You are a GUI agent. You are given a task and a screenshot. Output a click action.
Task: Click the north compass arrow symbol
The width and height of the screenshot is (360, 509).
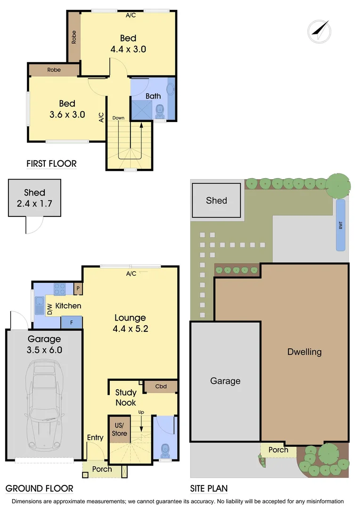coord(319,30)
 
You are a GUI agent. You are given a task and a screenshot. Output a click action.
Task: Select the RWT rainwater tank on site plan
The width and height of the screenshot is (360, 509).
coord(340,225)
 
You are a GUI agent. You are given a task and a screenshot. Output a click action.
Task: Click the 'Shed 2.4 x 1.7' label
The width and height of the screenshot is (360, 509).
coord(34,197)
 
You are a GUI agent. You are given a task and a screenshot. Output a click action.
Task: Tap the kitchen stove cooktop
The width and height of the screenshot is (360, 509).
coord(60,288)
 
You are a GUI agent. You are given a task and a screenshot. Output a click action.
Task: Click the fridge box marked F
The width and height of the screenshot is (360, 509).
coord(72,323)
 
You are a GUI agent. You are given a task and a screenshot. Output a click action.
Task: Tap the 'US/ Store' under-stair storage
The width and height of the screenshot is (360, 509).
coord(119,429)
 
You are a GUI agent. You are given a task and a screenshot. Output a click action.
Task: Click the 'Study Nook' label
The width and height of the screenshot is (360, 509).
coord(126,397)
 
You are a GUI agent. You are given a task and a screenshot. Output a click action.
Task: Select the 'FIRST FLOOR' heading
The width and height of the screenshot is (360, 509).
coord(51,164)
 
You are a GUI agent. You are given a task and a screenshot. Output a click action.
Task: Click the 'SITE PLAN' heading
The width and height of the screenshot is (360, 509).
coord(209,488)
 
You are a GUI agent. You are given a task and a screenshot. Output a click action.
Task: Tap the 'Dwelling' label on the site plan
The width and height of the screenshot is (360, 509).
coord(304,352)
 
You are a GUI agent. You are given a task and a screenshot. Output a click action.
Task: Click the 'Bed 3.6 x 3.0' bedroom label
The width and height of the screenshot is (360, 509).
coord(67,109)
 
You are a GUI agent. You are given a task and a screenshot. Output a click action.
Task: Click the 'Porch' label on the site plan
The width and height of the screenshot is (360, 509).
coord(278,450)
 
